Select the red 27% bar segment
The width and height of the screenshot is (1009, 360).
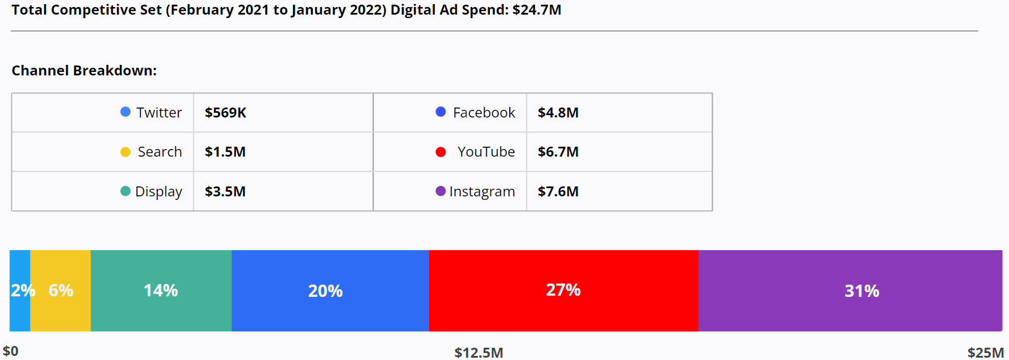coord(563,290)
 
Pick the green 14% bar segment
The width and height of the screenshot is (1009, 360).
coord(161,290)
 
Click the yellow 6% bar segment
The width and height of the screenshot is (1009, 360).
coord(61,290)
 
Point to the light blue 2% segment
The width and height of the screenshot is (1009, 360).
coord(20,290)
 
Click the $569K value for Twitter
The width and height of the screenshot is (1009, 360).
coord(226,113)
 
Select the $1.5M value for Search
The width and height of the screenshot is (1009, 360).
coord(225,152)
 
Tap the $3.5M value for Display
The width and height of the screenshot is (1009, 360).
coord(225,192)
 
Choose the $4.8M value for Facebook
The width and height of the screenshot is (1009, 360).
coord(558,113)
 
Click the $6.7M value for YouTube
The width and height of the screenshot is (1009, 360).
coord(558,152)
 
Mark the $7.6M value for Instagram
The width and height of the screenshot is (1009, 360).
coord(558,192)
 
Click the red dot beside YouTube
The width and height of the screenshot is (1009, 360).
coord(441,152)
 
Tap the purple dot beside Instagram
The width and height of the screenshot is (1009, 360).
coord(441,191)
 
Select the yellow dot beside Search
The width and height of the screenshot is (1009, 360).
coord(125,152)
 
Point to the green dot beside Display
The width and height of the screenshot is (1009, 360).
coord(125,191)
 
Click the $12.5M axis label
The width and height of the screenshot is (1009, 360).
coord(479,352)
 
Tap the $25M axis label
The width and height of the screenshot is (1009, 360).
coord(986,352)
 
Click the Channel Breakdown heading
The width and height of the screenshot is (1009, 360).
coord(84,71)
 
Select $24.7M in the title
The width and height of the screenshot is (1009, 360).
coord(537,10)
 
